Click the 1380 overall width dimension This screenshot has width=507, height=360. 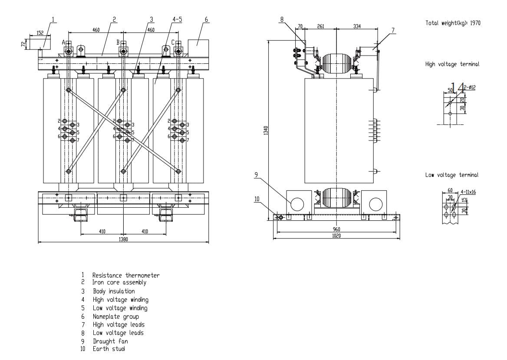pos(123,239)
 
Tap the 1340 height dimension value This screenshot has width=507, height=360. pos(266,130)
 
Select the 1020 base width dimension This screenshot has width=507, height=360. pos(336,236)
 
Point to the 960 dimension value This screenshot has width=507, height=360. pos(336,229)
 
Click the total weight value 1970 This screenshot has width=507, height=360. pos(475,23)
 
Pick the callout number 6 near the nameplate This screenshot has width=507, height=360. pos(206,20)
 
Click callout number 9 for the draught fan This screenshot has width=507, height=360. pos(257,175)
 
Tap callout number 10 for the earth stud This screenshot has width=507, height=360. pos(257,199)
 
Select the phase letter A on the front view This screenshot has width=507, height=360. pos(64,43)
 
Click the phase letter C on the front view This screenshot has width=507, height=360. pos(173,43)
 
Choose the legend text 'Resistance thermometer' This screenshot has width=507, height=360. pos(126,275)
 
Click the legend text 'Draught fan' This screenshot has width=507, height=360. pos(110,341)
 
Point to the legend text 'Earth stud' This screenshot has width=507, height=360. pos(109,349)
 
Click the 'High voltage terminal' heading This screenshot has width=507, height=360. pos(452,64)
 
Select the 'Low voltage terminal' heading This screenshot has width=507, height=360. pos(452,175)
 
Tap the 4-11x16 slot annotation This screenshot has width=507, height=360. pos(468,192)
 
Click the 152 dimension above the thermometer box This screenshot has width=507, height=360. pos(40,33)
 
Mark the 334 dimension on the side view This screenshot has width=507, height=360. pos(357,26)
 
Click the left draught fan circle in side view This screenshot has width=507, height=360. pos(297,204)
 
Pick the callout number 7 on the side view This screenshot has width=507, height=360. pos(393,30)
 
